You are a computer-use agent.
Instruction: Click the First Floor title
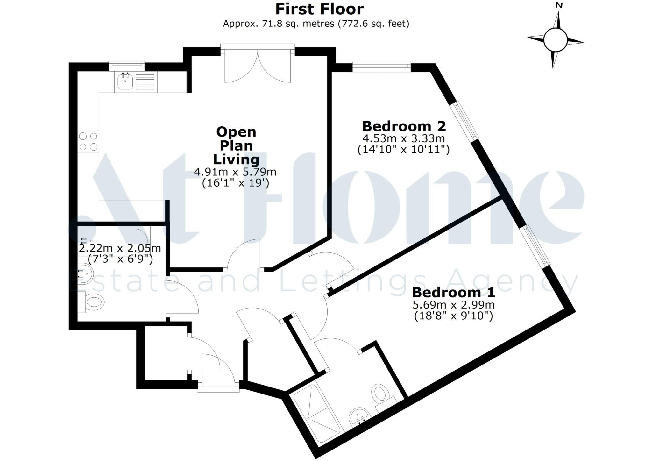coord(319,9)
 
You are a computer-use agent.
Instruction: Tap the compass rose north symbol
coord(556,40)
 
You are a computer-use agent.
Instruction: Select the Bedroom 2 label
coord(404,126)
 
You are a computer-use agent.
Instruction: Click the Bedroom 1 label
coord(454,292)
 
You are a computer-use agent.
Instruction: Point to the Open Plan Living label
coord(236,145)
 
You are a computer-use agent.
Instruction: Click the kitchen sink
coord(125,82)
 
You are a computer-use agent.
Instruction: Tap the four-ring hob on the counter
coord(88,142)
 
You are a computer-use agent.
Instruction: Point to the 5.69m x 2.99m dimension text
coord(454,305)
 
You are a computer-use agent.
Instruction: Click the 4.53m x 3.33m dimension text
coord(404,138)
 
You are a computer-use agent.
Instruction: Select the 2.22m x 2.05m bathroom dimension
coord(120,248)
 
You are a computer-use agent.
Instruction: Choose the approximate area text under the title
coord(316,24)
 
